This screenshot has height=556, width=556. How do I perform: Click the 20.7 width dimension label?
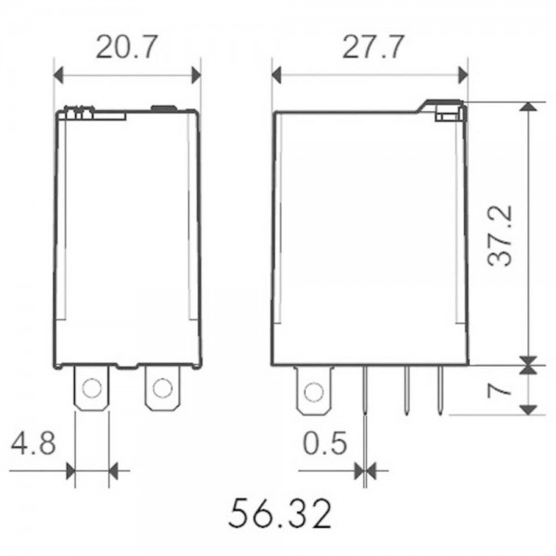tap(126, 47)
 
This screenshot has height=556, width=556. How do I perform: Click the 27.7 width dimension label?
tap(373, 47)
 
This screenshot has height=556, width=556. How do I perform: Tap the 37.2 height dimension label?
tap(500, 235)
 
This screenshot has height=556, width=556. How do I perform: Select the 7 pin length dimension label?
tap(499, 391)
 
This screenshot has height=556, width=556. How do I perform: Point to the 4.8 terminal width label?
tap(33, 443)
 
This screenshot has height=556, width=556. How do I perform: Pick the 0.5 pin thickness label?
tap(325, 443)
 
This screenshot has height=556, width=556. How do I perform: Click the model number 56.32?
tap(280, 513)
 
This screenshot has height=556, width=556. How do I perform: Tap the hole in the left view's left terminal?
tap(92, 388)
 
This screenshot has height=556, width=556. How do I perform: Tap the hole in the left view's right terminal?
tap(162, 388)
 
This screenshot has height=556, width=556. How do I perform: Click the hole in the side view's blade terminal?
tap(314, 392)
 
